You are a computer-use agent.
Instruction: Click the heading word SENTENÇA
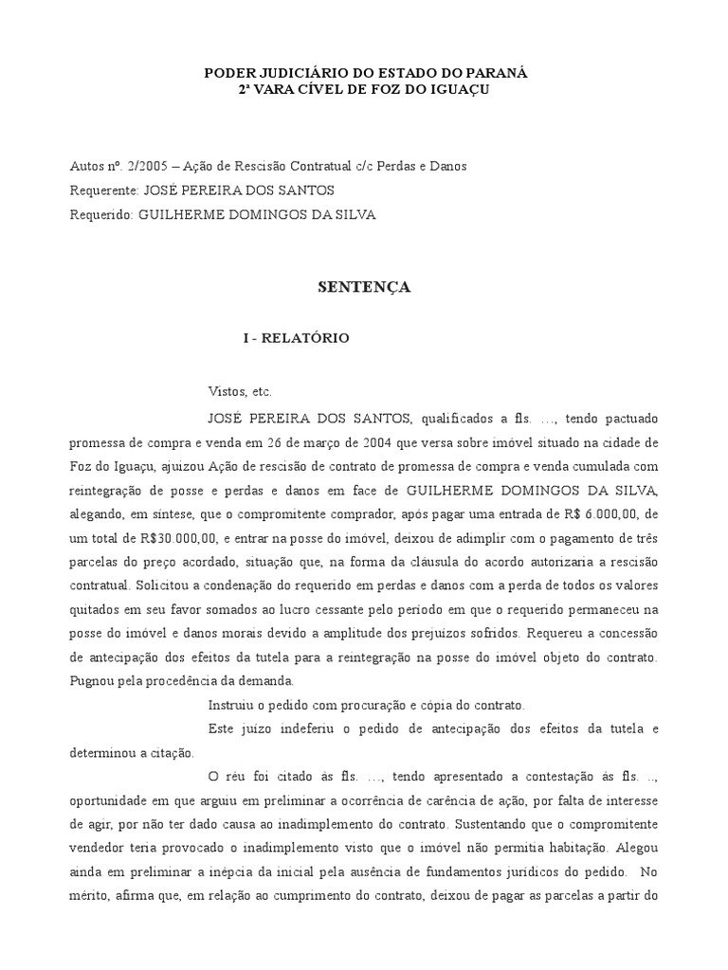363,288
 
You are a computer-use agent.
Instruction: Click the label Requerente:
104,190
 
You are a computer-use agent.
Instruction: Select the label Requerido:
102,215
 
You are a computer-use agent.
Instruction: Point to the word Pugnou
97,680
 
